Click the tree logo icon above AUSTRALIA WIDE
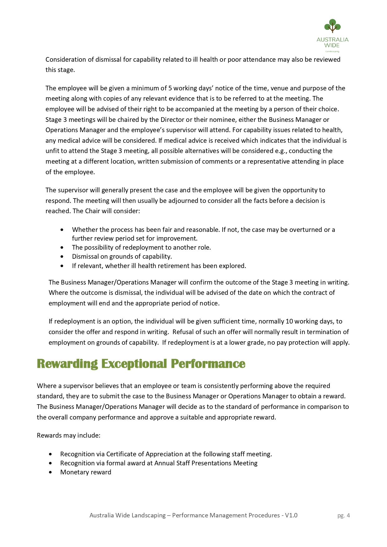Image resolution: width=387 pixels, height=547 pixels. tap(332, 26)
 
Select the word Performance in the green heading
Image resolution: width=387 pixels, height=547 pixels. tap(208, 364)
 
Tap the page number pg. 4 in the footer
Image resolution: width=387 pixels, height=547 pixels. tap(343, 516)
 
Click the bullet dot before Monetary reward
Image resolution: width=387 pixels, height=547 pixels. tap(51, 473)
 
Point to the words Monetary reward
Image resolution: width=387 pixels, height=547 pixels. tap(86, 472)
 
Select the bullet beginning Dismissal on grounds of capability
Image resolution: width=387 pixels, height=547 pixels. tap(122, 257)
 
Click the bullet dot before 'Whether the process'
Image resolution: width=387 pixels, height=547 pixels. tap(62, 230)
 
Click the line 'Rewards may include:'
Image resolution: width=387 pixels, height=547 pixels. tap(69, 435)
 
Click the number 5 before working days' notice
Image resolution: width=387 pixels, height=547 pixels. tap(170, 88)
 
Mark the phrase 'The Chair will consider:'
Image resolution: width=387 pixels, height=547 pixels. tap(106, 211)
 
